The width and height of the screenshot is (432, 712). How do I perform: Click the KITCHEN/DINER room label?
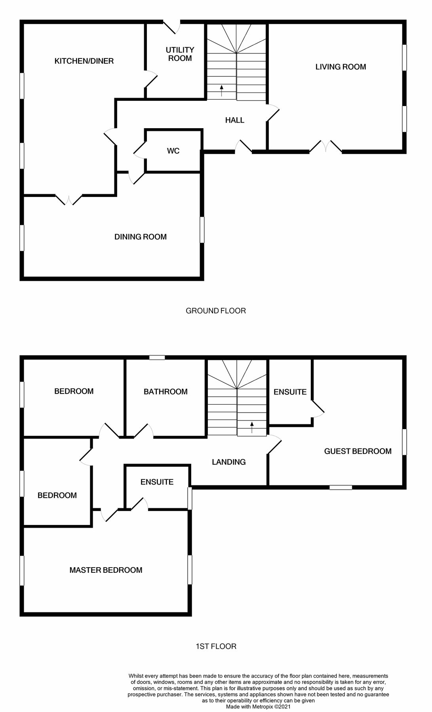(84, 61)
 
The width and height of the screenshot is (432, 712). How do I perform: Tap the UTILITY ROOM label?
(180, 54)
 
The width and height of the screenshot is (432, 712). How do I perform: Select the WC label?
(173, 151)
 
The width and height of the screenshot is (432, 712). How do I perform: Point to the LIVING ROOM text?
(341, 67)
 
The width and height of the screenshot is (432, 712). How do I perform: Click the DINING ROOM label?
(140, 237)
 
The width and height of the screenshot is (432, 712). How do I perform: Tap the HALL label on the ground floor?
(234, 120)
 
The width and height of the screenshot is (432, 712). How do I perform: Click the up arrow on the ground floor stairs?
(221, 91)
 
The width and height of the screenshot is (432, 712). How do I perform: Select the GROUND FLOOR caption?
(215, 311)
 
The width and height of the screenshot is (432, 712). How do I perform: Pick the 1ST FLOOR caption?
(216, 646)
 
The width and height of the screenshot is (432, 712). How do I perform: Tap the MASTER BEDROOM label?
(106, 570)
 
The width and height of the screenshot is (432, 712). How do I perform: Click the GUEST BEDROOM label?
(358, 451)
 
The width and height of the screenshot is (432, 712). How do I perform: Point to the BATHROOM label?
(166, 392)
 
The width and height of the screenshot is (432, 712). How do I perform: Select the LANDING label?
(228, 462)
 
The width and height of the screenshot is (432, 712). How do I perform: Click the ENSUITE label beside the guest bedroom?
(290, 392)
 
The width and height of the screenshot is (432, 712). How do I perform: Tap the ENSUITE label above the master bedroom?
(157, 482)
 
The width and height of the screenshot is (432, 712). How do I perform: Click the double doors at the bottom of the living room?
(325, 147)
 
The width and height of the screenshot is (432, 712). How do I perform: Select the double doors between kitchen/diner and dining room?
(69, 199)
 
